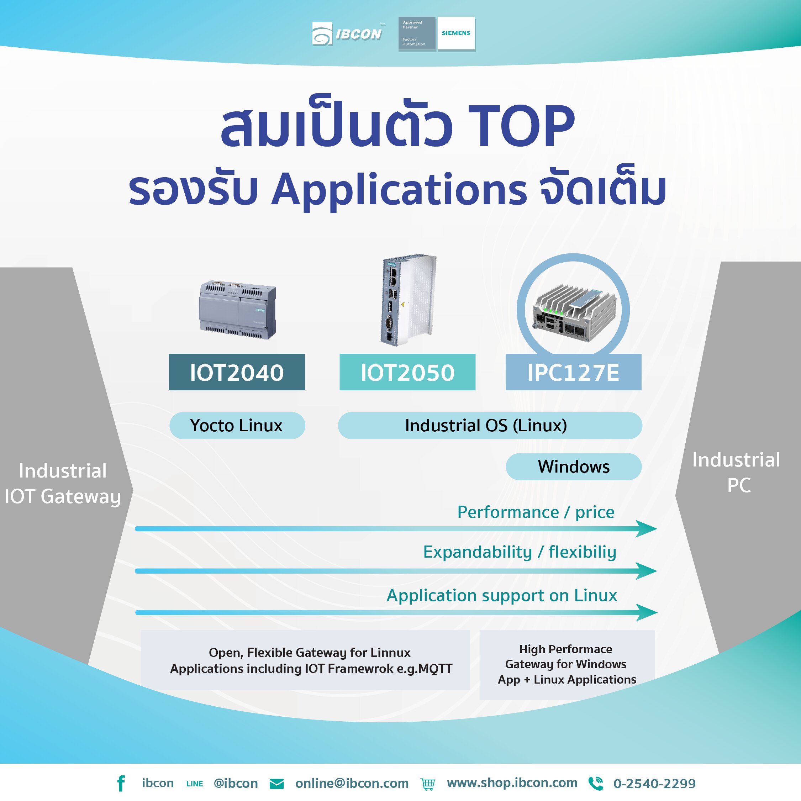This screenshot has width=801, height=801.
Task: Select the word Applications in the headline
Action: pyautogui.click(x=399, y=189)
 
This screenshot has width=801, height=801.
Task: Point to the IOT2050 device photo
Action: pyautogui.click(x=409, y=300)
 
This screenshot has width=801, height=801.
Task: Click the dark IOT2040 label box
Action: pyautogui.click(x=237, y=372)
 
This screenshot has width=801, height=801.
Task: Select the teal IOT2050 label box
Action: pyautogui.click(x=407, y=372)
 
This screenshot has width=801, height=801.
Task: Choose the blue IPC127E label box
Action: pyautogui.click(x=573, y=372)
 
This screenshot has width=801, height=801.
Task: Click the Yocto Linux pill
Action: pyautogui.click(x=237, y=425)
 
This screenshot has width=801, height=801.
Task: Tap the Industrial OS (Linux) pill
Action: pyautogui.click(x=490, y=425)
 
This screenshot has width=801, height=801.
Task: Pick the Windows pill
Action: pyautogui.click(x=573, y=467)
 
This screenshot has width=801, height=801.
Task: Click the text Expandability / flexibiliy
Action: pyautogui.click(x=520, y=552)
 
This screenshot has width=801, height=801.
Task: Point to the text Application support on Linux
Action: pyautogui.click(x=502, y=595)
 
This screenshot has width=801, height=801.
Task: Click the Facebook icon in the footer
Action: pyautogui.click(x=121, y=783)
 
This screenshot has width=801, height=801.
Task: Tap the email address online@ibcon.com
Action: pyautogui.click(x=352, y=783)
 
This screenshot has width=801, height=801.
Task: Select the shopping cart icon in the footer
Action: pyautogui.click(x=427, y=784)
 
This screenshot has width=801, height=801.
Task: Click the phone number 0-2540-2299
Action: pyautogui.click(x=654, y=784)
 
